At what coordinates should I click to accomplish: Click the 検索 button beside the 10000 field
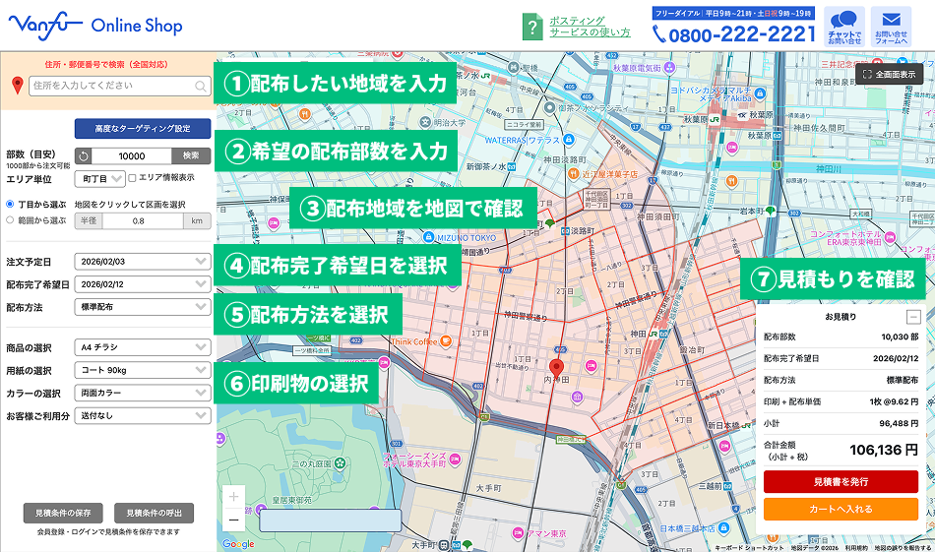pyautogui.click(x=191, y=155)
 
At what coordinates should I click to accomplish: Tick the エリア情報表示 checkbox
pyautogui.click(x=133, y=178)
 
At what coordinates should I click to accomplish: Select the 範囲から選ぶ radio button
pyautogui.click(x=10, y=220)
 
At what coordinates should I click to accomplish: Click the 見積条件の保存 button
pyautogui.click(x=63, y=513)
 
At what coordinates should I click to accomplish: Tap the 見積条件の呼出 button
pyautogui.click(x=154, y=513)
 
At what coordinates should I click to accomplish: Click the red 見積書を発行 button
pyautogui.click(x=841, y=481)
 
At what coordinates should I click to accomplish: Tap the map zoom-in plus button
pyautogui.click(x=233, y=497)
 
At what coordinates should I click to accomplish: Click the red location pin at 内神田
pyautogui.click(x=556, y=369)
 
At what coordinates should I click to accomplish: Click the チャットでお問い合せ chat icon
pyautogui.click(x=844, y=27)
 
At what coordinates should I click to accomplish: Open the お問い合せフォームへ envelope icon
pyautogui.click(x=891, y=27)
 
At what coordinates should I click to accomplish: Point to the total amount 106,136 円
pyautogui.click(x=884, y=450)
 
